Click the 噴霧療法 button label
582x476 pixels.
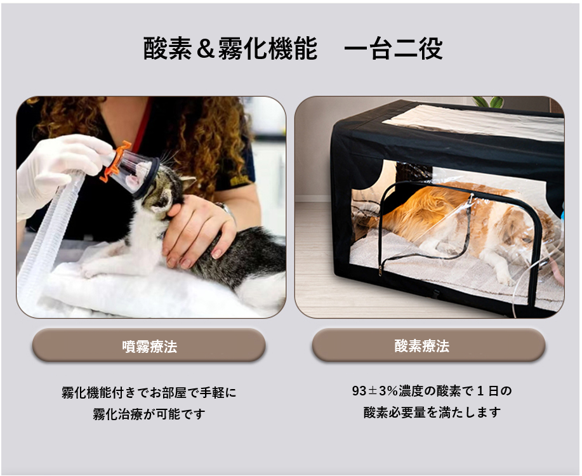click(150, 347)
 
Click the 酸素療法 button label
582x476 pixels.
click(421, 346)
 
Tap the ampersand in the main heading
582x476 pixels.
click(206, 49)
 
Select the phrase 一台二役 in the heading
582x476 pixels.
click(393, 49)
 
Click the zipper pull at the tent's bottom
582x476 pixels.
click(380, 270)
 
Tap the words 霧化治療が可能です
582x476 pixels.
click(149, 414)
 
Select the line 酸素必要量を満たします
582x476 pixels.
click(432, 412)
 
